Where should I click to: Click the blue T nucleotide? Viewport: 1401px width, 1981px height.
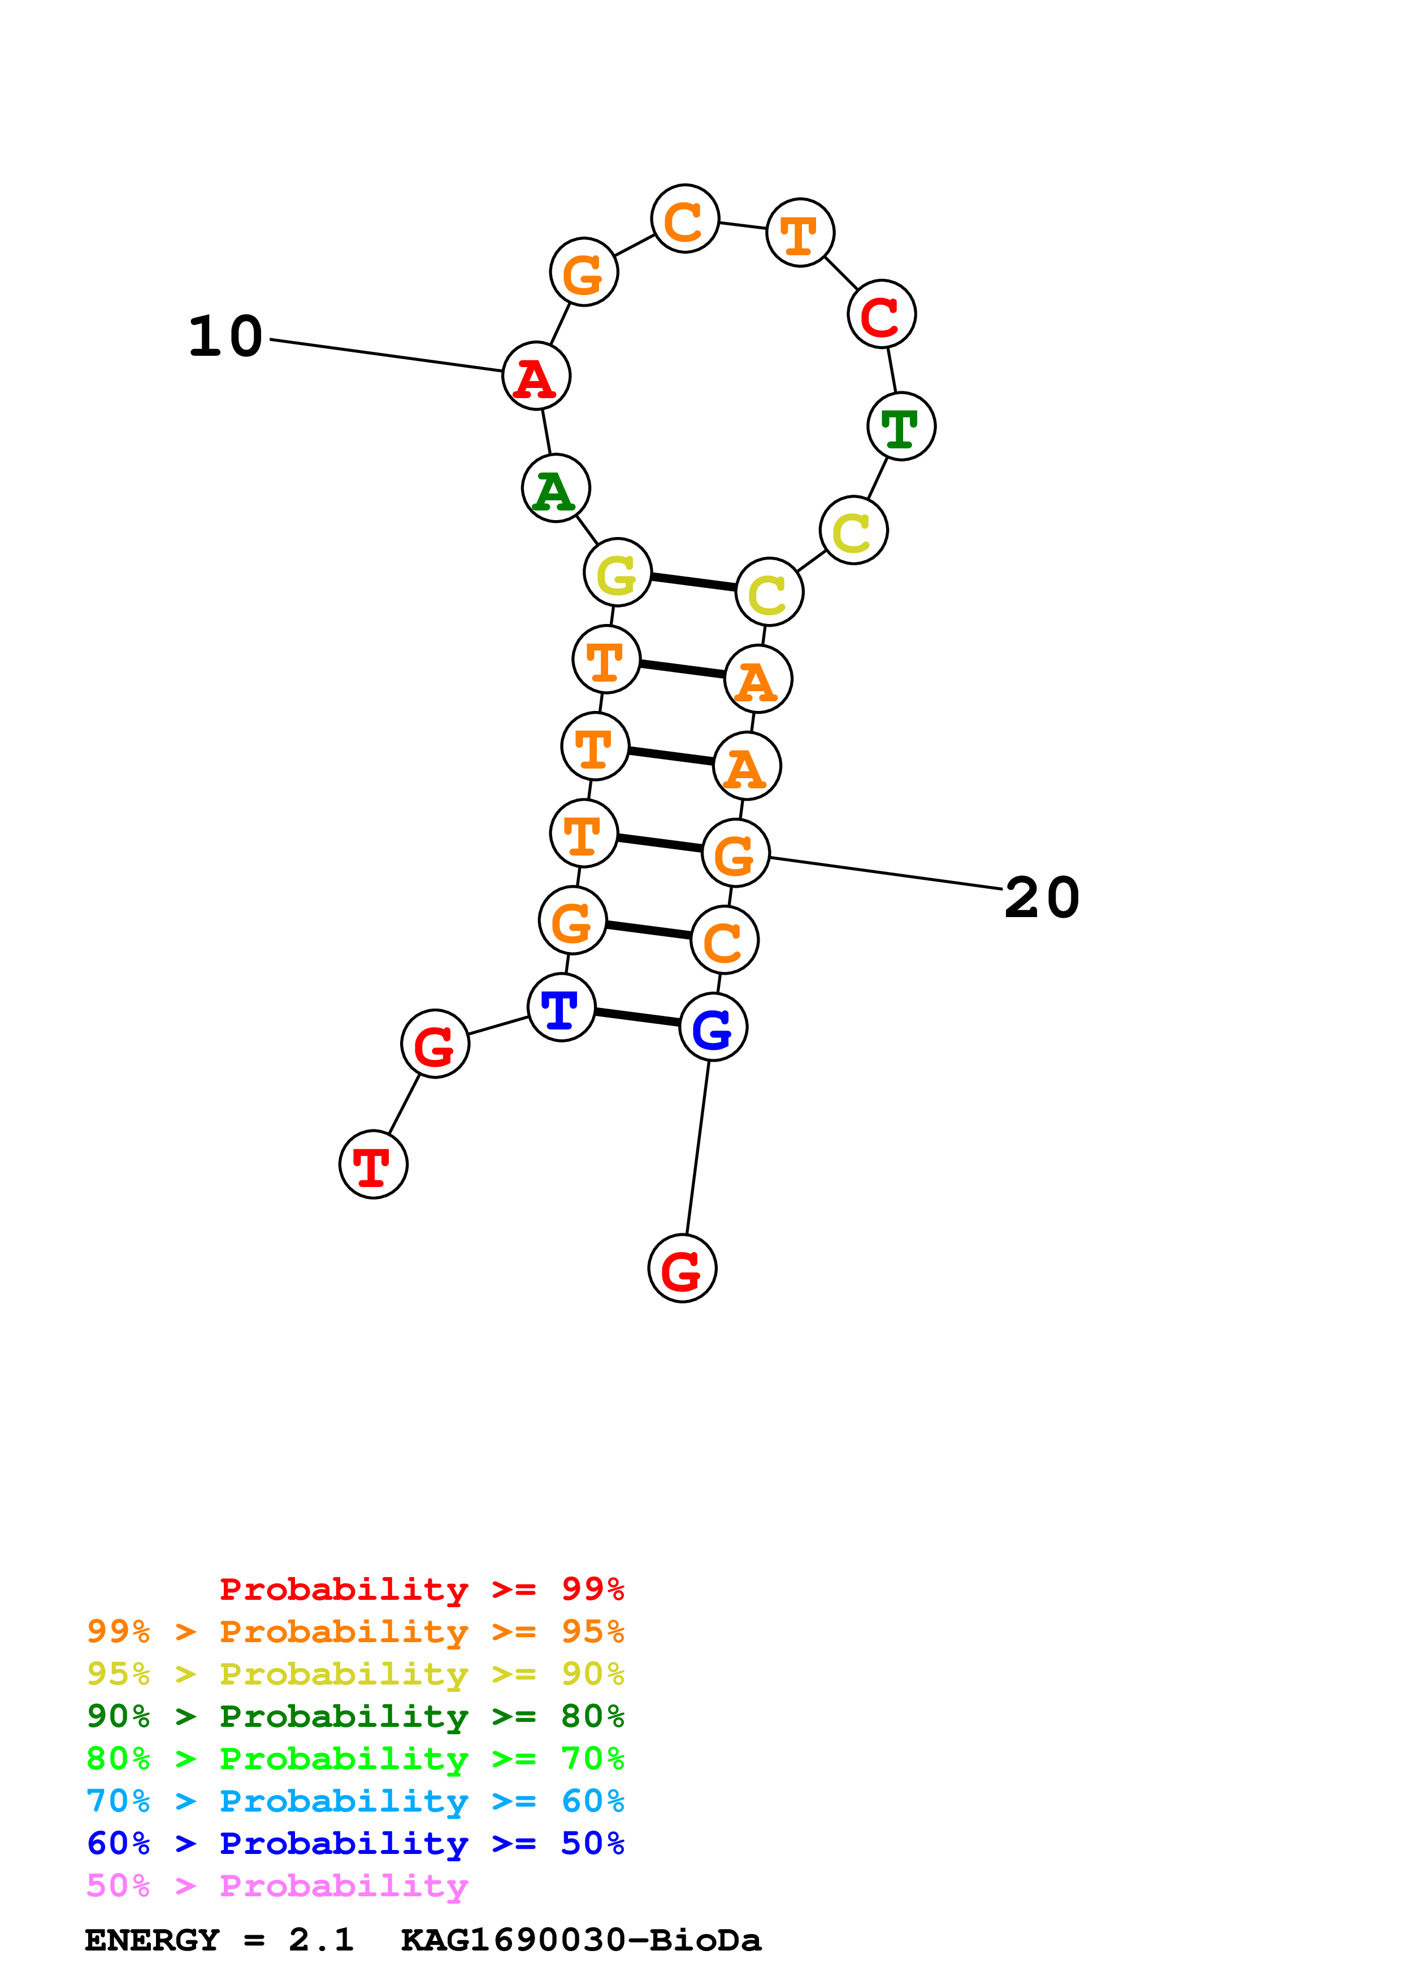(561, 1008)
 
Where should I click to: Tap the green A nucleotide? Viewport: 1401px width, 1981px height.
(556, 488)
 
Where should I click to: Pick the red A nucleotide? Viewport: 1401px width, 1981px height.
(536, 376)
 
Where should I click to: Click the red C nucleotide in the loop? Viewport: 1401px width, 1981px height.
(881, 314)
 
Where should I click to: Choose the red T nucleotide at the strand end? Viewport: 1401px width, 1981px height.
(373, 1165)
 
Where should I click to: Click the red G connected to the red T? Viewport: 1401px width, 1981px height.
(435, 1044)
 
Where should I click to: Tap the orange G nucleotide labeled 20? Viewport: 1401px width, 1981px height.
(735, 853)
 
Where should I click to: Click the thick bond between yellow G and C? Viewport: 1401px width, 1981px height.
(693, 582)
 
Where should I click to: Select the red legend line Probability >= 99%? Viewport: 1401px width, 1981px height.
(421, 1589)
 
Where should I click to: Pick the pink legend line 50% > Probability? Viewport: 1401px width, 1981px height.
(276, 1886)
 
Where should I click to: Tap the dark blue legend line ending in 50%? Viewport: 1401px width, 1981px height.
(355, 1844)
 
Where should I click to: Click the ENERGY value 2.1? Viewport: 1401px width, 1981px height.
(321, 1940)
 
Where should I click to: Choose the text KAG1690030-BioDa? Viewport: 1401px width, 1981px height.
(580, 1940)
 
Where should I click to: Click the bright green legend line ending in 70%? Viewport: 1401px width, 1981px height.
(355, 1759)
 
